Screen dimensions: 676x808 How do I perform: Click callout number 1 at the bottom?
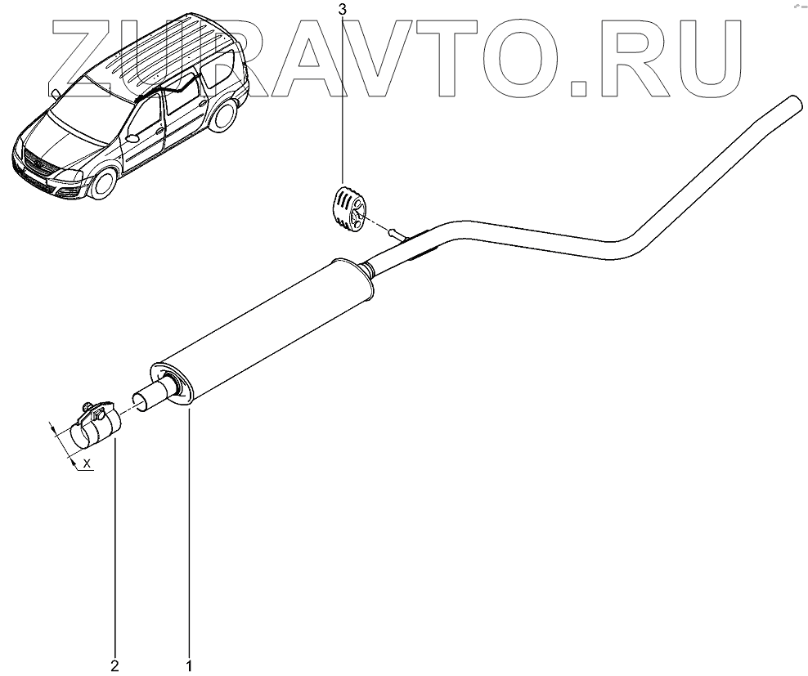[190, 665]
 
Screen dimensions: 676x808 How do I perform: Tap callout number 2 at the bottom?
[115, 665]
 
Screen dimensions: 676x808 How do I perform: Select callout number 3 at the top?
[343, 10]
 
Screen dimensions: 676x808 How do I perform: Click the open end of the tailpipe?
[792, 104]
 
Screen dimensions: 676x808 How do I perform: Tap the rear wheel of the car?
[222, 119]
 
